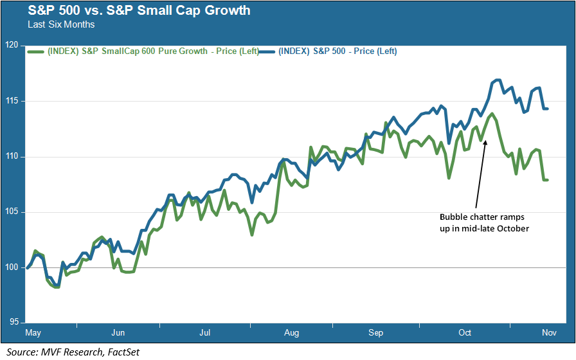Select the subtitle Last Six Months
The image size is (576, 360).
coord(61,24)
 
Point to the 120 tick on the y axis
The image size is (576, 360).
coord(11,46)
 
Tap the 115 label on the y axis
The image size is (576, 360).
coord(11,101)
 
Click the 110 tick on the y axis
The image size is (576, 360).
coord(11,157)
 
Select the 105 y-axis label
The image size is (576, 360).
coord(11,212)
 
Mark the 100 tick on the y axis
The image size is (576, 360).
coord(11,267)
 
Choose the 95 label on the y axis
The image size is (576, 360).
coord(12,323)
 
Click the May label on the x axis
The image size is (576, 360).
coord(33,333)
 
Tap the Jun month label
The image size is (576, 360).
coord(118,333)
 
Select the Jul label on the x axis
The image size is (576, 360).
coord(205,333)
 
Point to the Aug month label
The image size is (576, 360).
coord(291,333)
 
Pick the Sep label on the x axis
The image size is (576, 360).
coord(376,333)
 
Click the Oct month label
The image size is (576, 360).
coord(464,333)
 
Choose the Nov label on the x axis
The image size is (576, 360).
coord(549,333)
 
